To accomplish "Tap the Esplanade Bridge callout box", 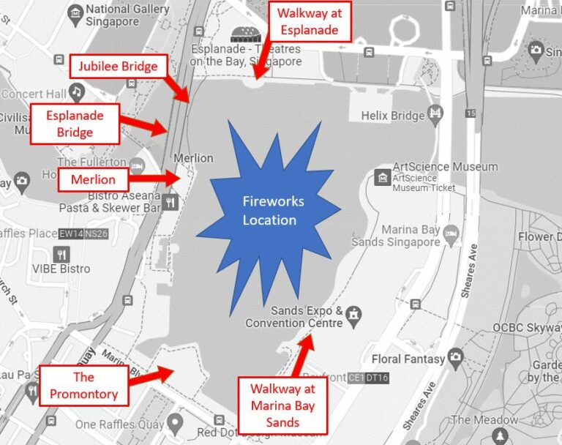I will [x=75, y=124].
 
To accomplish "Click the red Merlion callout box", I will [x=93, y=179].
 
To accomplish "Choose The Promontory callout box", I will [x=83, y=386].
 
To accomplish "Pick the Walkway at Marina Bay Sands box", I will [x=282, y=405].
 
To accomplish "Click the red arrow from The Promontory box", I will [x=152, y=377].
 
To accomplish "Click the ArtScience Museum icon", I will [x=382, y=176].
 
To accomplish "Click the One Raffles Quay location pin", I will [x=174, y=423].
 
